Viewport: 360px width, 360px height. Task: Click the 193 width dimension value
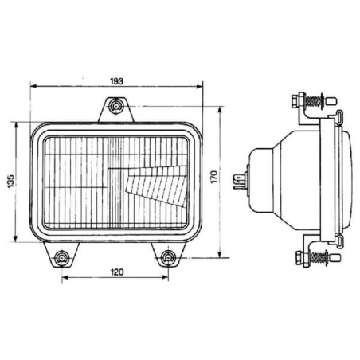(117, 81)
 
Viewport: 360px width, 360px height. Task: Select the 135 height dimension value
(11, 182)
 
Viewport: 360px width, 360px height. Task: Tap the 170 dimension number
(214, 177)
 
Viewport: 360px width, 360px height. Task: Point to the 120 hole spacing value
(117, 272)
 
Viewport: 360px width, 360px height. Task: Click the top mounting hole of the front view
(115, 106)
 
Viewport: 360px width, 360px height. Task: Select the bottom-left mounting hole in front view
(62, 258)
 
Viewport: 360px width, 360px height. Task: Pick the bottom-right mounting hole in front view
(168, 257)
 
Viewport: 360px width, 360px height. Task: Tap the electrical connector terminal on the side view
(240, 181)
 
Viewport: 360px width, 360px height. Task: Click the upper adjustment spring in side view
(313, 101)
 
